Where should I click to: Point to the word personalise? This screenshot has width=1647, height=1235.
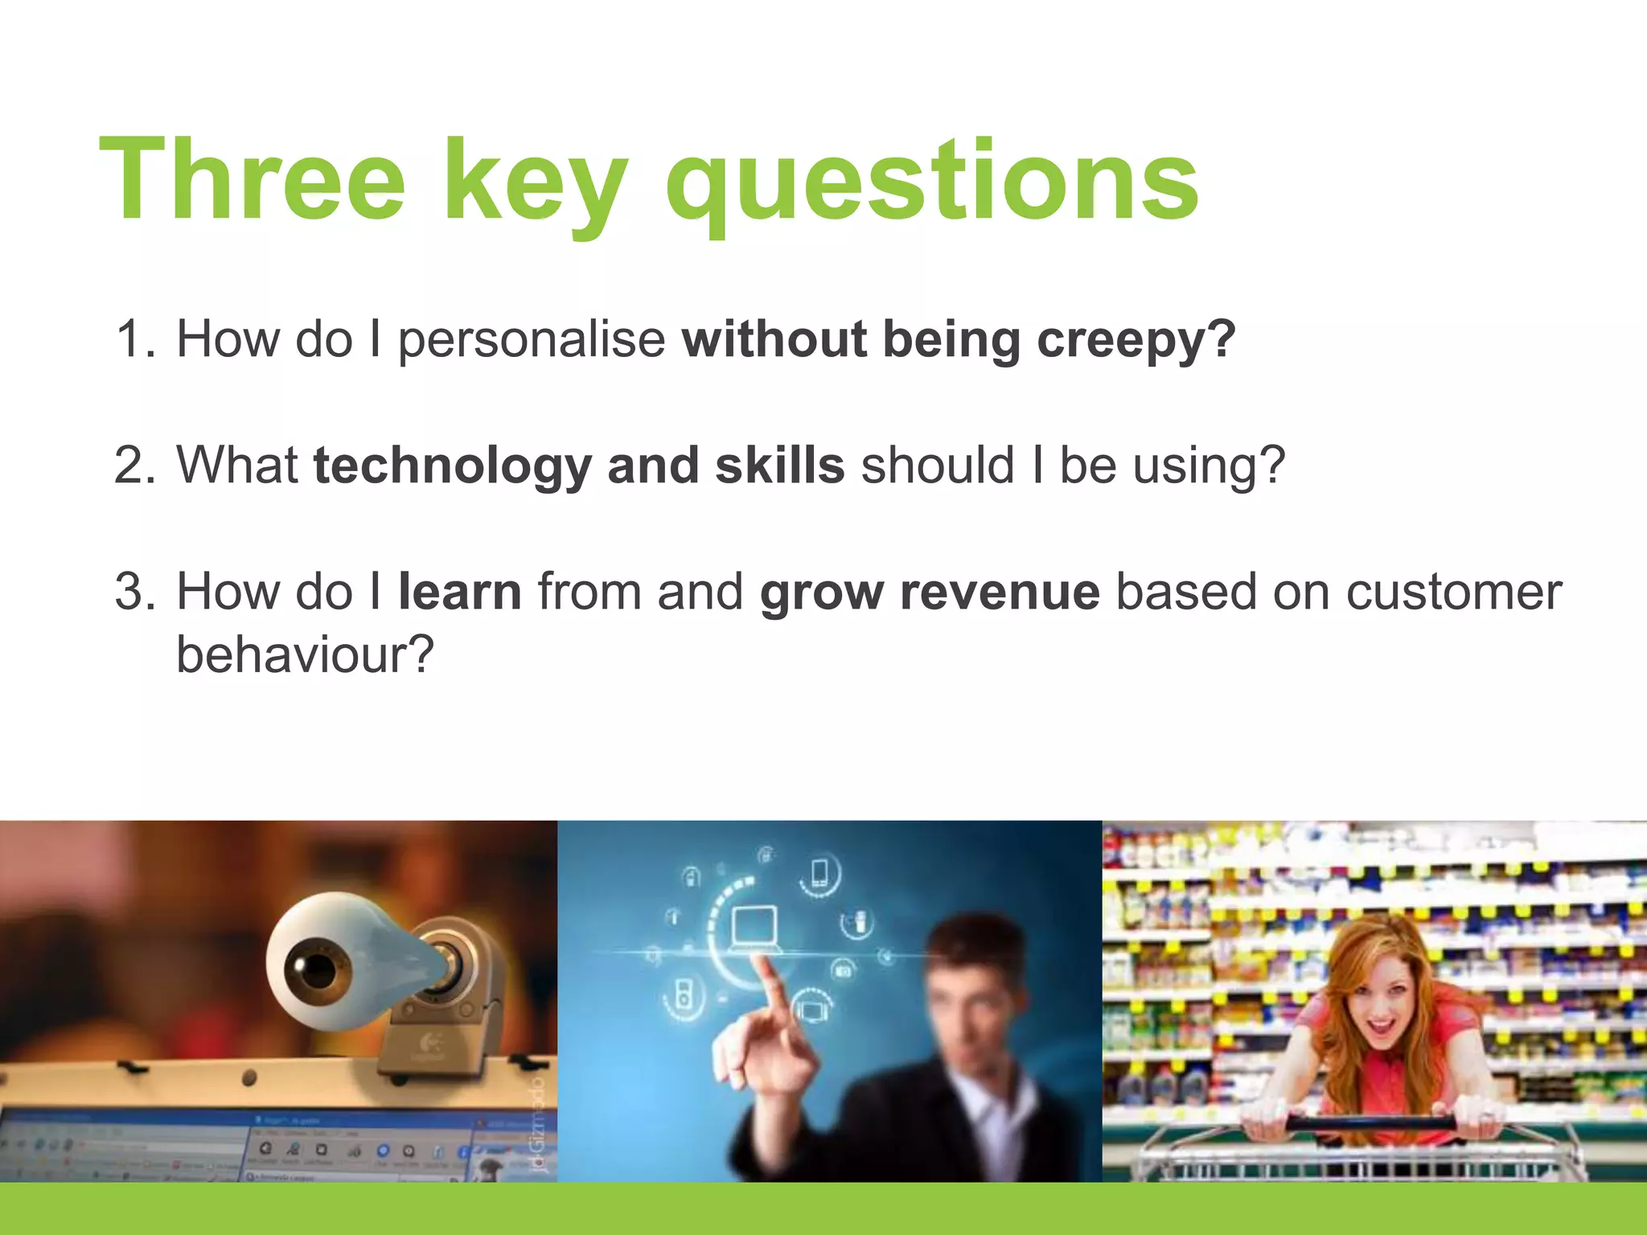[531, 339]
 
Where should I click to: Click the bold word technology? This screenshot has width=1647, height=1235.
[452, 466]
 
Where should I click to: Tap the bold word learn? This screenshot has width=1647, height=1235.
[459, 592]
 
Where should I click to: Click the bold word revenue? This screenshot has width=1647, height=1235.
[999, 592]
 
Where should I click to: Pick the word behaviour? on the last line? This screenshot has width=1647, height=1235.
[305, 654]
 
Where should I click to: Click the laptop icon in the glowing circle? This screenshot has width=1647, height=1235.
[754, 929]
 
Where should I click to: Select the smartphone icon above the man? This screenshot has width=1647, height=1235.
[819, 873]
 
